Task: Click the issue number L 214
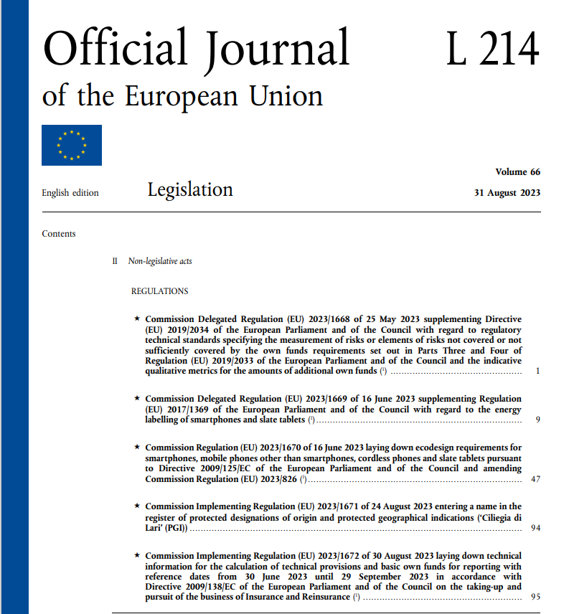[x=492, y=48]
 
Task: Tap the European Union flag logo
[x=72, y=145]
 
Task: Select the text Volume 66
[x=517, y=172]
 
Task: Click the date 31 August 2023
[x=507, y=192]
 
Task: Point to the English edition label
[x=70, y=193]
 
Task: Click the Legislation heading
[x=190, y=189]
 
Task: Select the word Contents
[x=59, y=234]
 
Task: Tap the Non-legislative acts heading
[x=160, y=262]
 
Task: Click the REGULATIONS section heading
[x=159, y=291]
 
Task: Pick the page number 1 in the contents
[x=537, y=372]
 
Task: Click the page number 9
[x=537, y=419]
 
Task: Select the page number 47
[x=535, y=478]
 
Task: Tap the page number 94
[x=535, y=528]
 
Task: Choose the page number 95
[x=535, y=597]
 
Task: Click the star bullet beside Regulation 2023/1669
[x=137, y=398]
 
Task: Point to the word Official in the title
[x=116, y=48]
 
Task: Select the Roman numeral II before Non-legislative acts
[x=115, y=262]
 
